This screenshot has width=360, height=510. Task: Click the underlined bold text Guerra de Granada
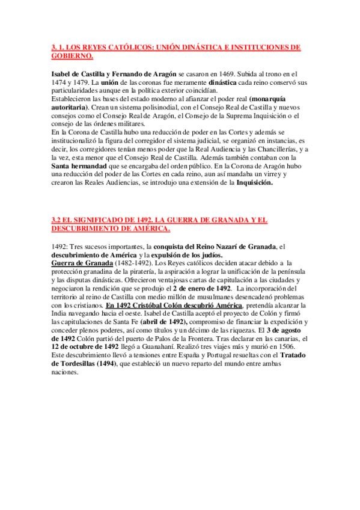(81, 264)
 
